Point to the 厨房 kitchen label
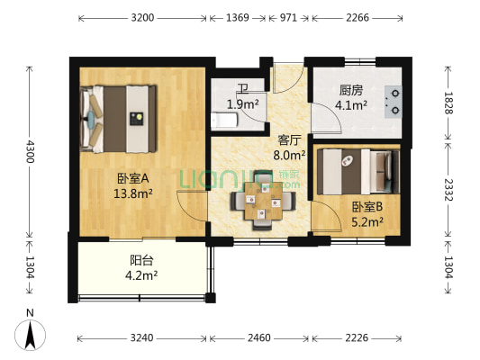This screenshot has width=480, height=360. pos(351,91)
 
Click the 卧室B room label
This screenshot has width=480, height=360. pos(367,206)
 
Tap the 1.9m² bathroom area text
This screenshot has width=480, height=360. pos(243,104)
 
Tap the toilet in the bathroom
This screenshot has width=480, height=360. pos(223,120)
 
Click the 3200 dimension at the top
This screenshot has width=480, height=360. pos(143,17)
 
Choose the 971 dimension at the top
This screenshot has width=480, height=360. pos(290,17)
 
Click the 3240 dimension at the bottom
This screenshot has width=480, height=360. pos(142,337)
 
